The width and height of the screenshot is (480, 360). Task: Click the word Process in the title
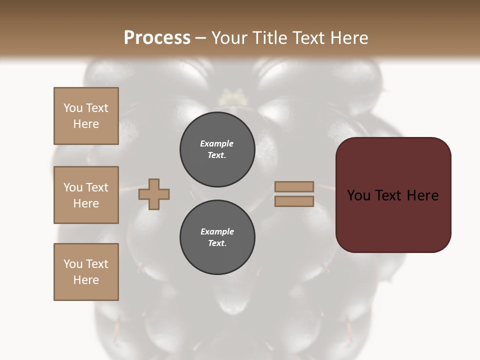point(157,37)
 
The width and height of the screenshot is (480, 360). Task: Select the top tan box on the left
point(86,116)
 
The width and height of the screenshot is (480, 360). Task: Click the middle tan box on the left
point(86,195)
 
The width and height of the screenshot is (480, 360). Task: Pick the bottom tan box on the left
point(86,272)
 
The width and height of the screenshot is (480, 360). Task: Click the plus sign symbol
point(154,194)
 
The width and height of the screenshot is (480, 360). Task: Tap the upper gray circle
point(217,149)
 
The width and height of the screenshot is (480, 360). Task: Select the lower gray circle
point(217,237)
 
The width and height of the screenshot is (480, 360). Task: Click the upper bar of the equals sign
point(294,186)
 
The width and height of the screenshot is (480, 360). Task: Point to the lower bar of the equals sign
point(294,201)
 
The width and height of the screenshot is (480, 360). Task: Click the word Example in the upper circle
point(217,143)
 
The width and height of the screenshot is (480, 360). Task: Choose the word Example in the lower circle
point(217,231)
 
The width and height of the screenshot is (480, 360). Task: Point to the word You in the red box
point(358,195)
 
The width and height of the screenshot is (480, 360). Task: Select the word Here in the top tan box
point(86,124)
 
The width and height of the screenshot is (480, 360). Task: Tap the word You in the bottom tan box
point(73,264)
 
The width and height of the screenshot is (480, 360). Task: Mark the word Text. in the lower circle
point(217,243)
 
